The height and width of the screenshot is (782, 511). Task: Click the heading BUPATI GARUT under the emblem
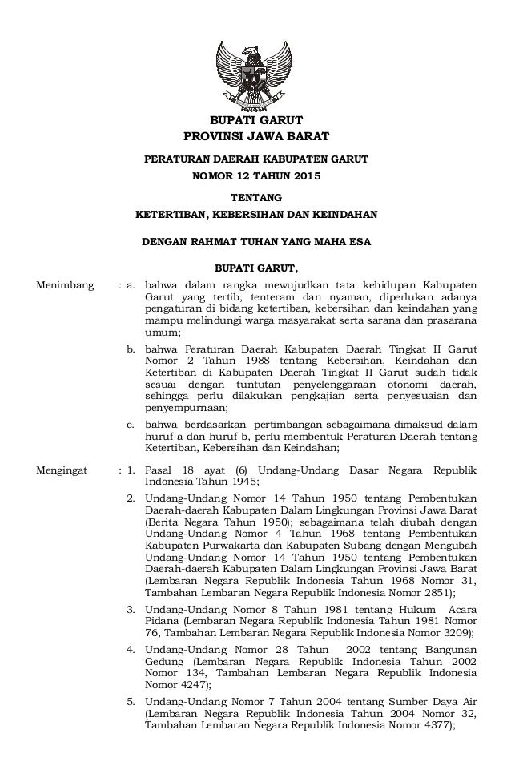coord(255,121)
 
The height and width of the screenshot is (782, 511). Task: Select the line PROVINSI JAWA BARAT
coord(255,137)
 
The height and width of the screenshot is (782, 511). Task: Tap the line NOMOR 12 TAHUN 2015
coord(255,175)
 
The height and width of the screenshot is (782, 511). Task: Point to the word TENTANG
coord(255,197)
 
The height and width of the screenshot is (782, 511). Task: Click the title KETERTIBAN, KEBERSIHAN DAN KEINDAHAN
coord(255,215)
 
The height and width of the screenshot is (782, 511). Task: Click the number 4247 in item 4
coord(193,686)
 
